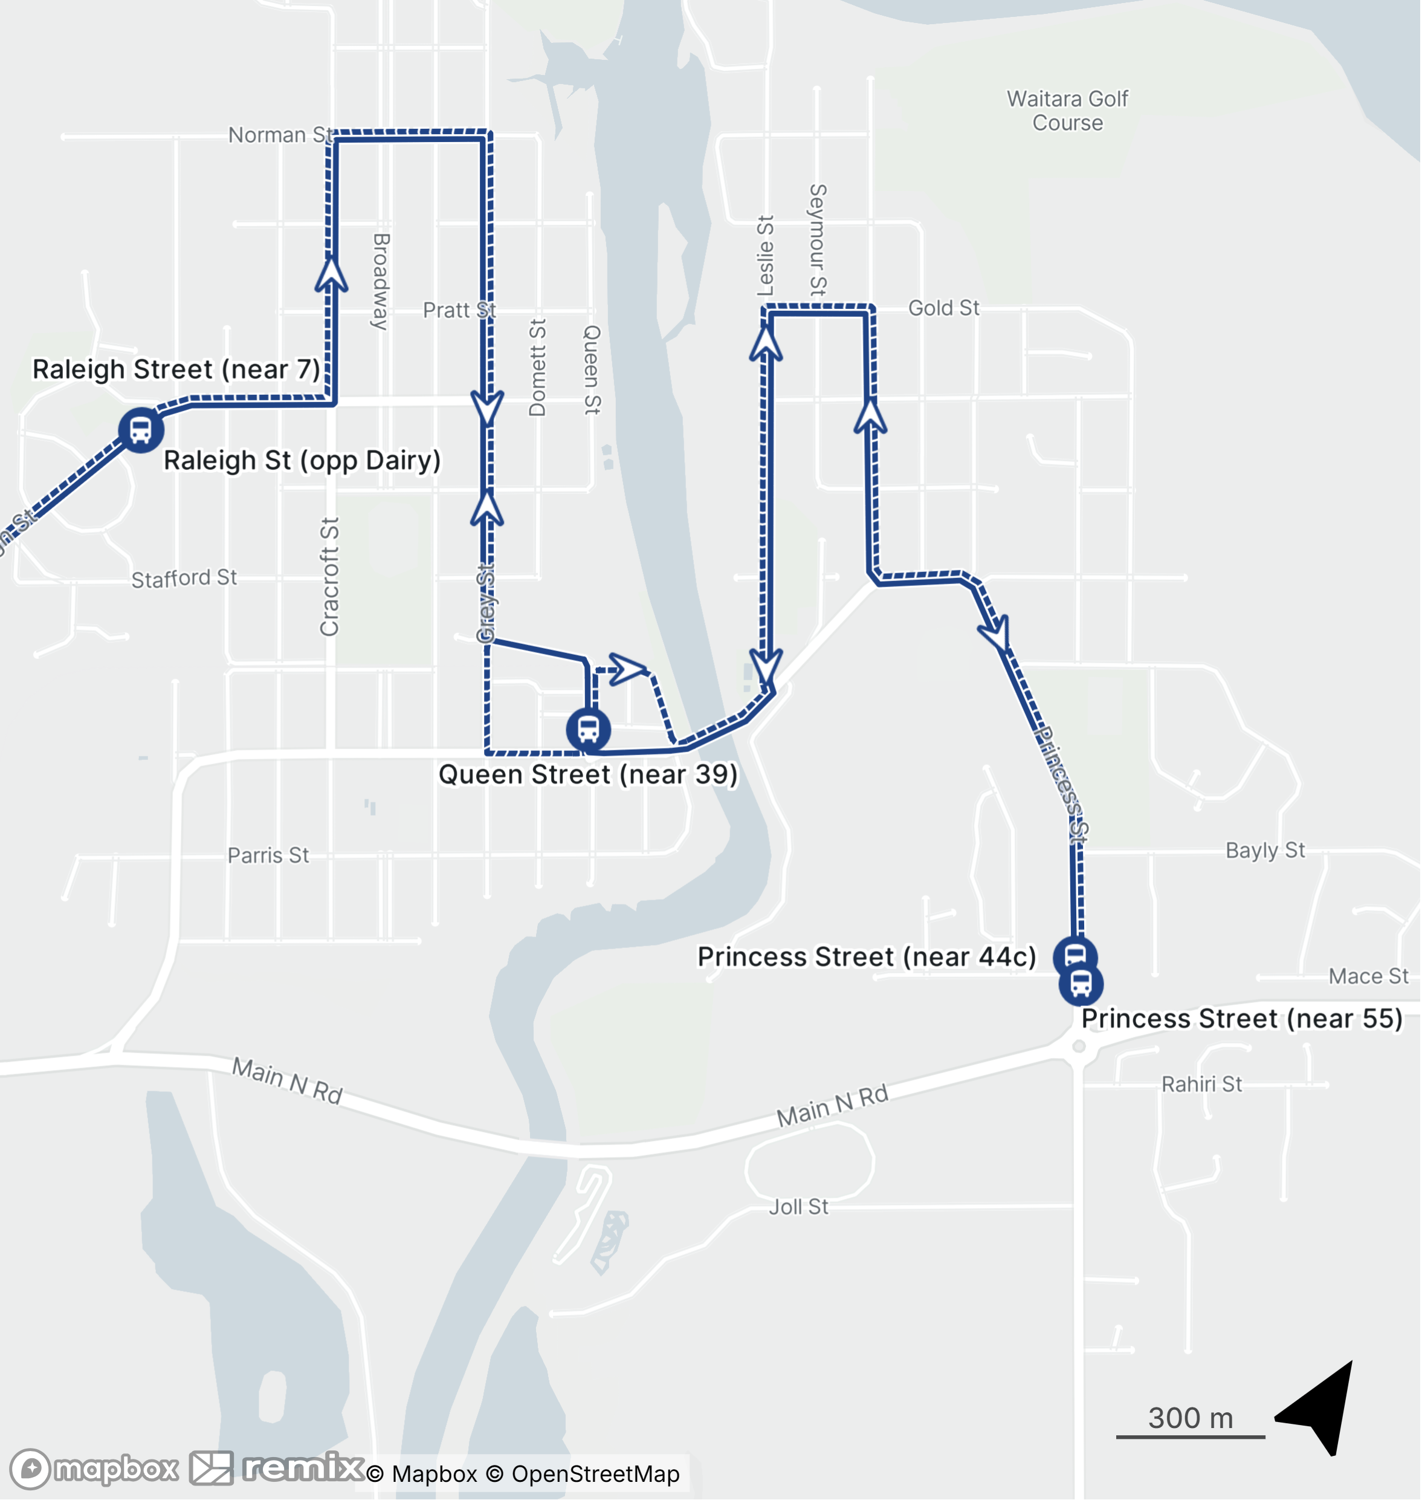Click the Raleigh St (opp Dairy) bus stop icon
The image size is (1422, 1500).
coord(141,430)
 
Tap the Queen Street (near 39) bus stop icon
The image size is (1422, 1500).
coord(588,730)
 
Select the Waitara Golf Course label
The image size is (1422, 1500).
coord(1067,111)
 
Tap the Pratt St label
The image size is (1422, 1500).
coord(459,310)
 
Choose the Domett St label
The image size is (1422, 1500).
coord(537,368)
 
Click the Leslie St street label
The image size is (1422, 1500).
coord(766,256)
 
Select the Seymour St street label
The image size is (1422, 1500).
coord(818,239)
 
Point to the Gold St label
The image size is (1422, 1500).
coord(944,308)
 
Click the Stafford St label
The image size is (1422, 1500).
coord(184,579)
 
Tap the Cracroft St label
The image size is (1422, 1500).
coord(329,576)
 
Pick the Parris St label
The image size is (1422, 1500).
coord(268,856)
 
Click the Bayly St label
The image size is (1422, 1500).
coord(1265,850)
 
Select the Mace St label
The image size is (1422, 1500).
coord(1368,976)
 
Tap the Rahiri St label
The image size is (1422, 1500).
coord(1201,1085)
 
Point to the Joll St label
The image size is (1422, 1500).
coord(798,1207)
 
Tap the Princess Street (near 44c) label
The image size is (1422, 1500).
coord(867,957)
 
